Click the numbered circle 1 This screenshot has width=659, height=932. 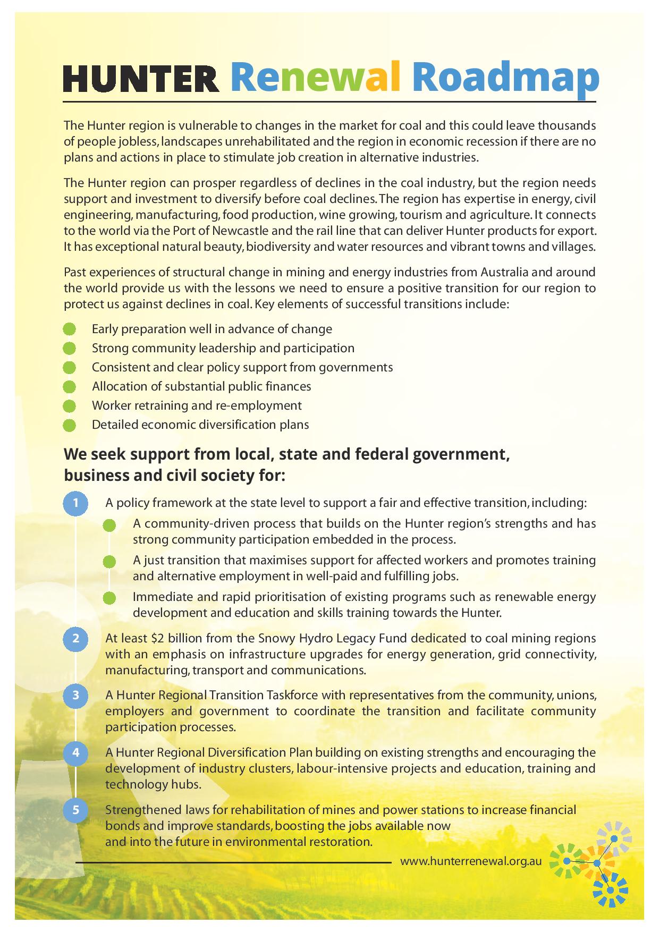(76, 503)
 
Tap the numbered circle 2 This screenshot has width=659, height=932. (76, 638)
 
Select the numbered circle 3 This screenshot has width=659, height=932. (76, 696)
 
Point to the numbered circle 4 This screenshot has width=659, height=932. (76, 752)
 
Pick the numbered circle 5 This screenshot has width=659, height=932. (76, 810)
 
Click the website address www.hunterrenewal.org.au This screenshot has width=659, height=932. (471, 861)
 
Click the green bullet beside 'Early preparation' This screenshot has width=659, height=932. (69, 329)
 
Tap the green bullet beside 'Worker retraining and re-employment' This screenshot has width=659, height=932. (69, 406)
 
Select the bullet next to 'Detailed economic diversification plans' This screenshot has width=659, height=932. (69, 425)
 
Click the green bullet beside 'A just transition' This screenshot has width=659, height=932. (109, 561)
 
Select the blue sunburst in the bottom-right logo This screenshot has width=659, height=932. (611, 891)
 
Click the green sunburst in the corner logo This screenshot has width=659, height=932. (565, 860)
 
